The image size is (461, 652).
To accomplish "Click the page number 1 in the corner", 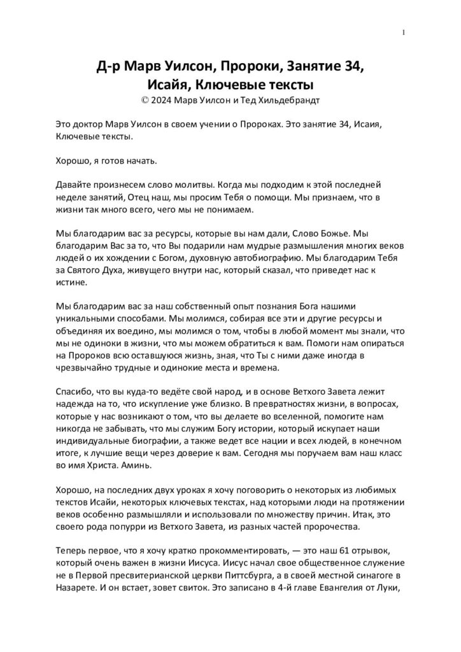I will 404,32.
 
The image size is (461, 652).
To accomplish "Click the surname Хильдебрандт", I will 285,99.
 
